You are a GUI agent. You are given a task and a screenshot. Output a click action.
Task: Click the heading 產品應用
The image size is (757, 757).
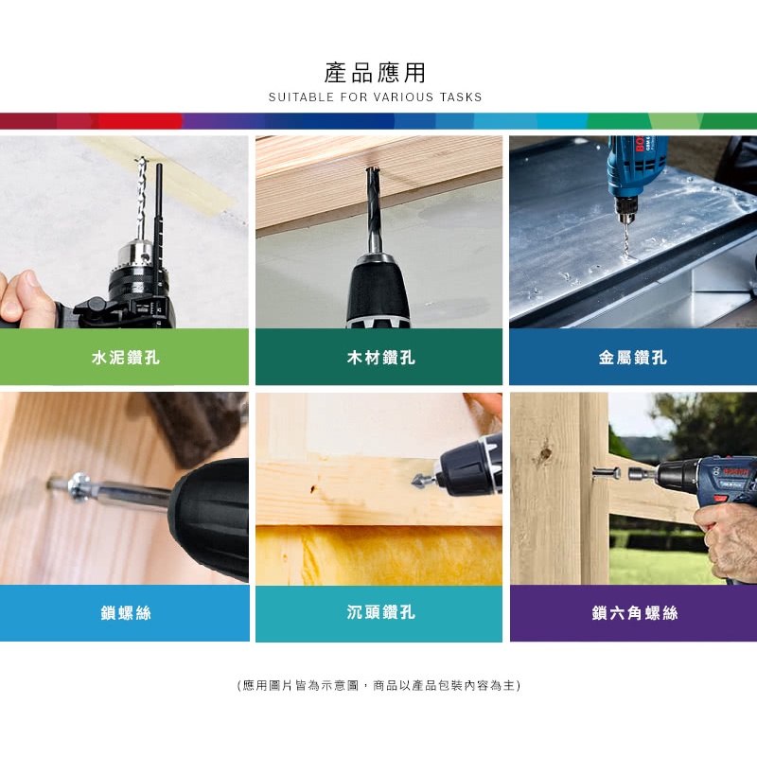coord(375,73)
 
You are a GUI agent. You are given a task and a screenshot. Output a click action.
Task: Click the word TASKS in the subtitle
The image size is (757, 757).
coord(461,97)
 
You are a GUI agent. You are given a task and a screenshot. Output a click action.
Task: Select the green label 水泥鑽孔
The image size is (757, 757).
coord(126,358)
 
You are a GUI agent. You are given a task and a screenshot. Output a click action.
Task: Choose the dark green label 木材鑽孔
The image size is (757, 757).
coord(380,358)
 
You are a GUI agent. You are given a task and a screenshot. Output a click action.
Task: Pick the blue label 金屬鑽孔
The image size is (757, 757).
coord(632,358)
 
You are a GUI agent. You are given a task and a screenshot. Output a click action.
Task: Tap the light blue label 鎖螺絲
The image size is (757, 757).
coord(126,613)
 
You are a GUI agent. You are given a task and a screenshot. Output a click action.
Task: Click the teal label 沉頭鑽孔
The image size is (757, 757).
coord(380,612)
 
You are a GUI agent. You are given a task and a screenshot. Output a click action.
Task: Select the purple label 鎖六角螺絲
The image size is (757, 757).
coord(634,613)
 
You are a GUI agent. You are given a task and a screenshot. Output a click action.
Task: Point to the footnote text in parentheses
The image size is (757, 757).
coord(378,685)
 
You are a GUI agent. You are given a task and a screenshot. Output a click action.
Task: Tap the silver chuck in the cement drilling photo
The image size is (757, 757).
coord(136,255)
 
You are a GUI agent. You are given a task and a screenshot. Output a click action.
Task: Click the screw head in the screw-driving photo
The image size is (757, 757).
coord(78,485)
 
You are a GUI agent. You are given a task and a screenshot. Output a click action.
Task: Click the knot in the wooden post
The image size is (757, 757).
coord(546,454)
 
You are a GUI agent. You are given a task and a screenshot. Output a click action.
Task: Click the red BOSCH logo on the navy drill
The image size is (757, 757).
coord(735,471)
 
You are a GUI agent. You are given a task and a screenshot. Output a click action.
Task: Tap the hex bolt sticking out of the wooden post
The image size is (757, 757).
coord(607,472)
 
